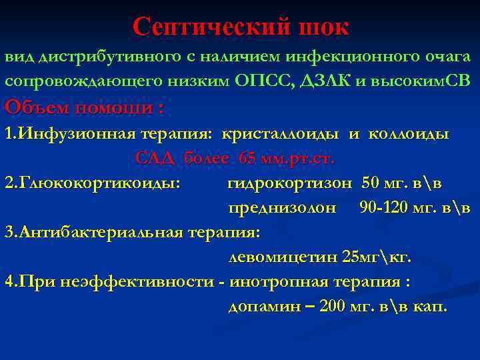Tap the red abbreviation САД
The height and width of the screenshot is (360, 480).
click(156, 159)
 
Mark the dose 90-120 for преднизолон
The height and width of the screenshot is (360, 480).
click(381, 207)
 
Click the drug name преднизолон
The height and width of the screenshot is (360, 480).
click(283, 207)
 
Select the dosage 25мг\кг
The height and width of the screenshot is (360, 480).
click(377, 257)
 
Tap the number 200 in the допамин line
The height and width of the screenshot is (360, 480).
click(333, 307)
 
